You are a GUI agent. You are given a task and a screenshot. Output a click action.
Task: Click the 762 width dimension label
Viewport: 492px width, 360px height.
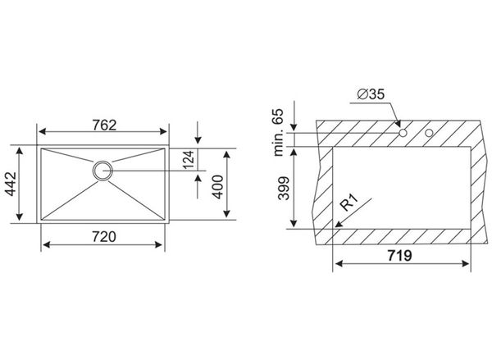102,125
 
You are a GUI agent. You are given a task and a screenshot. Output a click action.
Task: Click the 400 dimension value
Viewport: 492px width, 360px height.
218,185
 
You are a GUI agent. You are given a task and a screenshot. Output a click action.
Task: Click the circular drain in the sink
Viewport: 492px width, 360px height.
102,171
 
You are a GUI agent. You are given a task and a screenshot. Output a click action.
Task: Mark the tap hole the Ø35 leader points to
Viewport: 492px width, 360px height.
403,133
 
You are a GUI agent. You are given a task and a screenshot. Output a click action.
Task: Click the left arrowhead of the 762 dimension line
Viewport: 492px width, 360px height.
43,134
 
